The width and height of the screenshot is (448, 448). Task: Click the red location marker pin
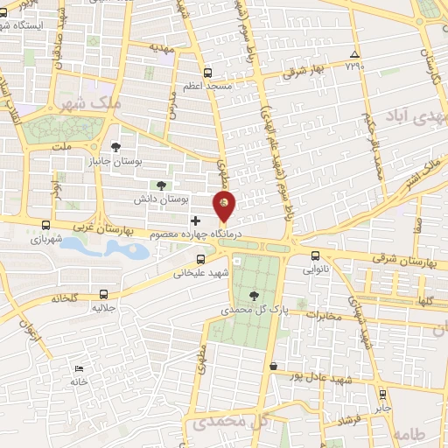[x=225, y=205]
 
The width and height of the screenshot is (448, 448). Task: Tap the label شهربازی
[x=46, y=238]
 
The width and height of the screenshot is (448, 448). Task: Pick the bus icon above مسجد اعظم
[x=207, y=73]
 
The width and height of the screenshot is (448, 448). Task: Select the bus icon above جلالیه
[x=105, y=294]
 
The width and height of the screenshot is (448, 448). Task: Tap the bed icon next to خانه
[x=80, y=368]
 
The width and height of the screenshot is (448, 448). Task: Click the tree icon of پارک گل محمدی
[x=253, y=296]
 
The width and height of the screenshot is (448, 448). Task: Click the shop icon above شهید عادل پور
[x=274, y=366]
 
